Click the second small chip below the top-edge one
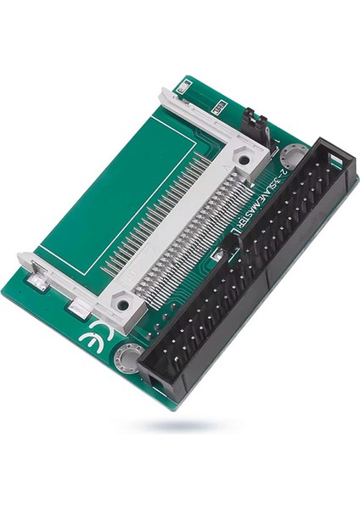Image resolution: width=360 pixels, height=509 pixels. (x=218, y=107)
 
